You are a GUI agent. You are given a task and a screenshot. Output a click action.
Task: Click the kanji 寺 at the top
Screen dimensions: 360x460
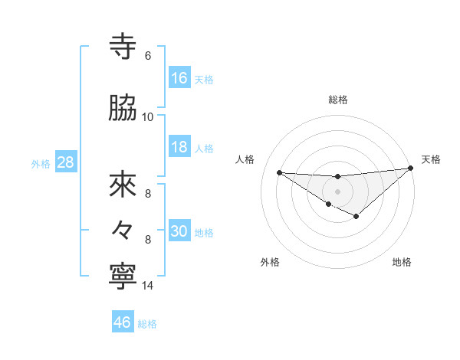[123, 47]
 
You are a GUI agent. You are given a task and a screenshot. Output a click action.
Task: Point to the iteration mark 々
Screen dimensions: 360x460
[123, 229]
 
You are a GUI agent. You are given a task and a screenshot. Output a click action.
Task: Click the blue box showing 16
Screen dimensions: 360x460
[179, 78]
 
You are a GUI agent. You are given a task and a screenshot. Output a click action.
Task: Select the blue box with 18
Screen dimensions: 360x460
[179, 147]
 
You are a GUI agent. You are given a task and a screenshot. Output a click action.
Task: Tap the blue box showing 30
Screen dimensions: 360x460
[179, 231]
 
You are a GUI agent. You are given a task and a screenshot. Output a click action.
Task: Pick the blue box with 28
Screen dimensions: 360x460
[64, 162]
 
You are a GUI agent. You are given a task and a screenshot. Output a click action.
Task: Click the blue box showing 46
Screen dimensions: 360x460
[123, 322]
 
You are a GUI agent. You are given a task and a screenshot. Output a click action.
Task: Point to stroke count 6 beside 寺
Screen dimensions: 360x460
[148, 55]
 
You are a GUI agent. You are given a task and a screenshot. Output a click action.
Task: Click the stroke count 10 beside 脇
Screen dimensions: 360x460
[148, 116]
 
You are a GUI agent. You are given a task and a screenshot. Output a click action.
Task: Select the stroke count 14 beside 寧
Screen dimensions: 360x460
[148, 286]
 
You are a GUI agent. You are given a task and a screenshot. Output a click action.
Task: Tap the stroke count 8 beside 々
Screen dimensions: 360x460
[148, 239]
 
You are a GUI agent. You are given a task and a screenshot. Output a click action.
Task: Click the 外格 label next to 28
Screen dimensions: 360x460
[40, 163]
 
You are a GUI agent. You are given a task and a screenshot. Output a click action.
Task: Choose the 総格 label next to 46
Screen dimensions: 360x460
[147, 323]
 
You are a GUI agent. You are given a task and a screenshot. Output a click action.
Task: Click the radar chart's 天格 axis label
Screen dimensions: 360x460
[431, 159]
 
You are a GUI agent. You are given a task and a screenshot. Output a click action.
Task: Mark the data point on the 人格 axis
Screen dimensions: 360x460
[279, 172]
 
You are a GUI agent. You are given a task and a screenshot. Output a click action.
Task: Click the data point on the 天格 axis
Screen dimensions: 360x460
[411, 168]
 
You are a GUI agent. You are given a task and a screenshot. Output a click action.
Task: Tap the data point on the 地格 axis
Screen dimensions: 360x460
[356, 217]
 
